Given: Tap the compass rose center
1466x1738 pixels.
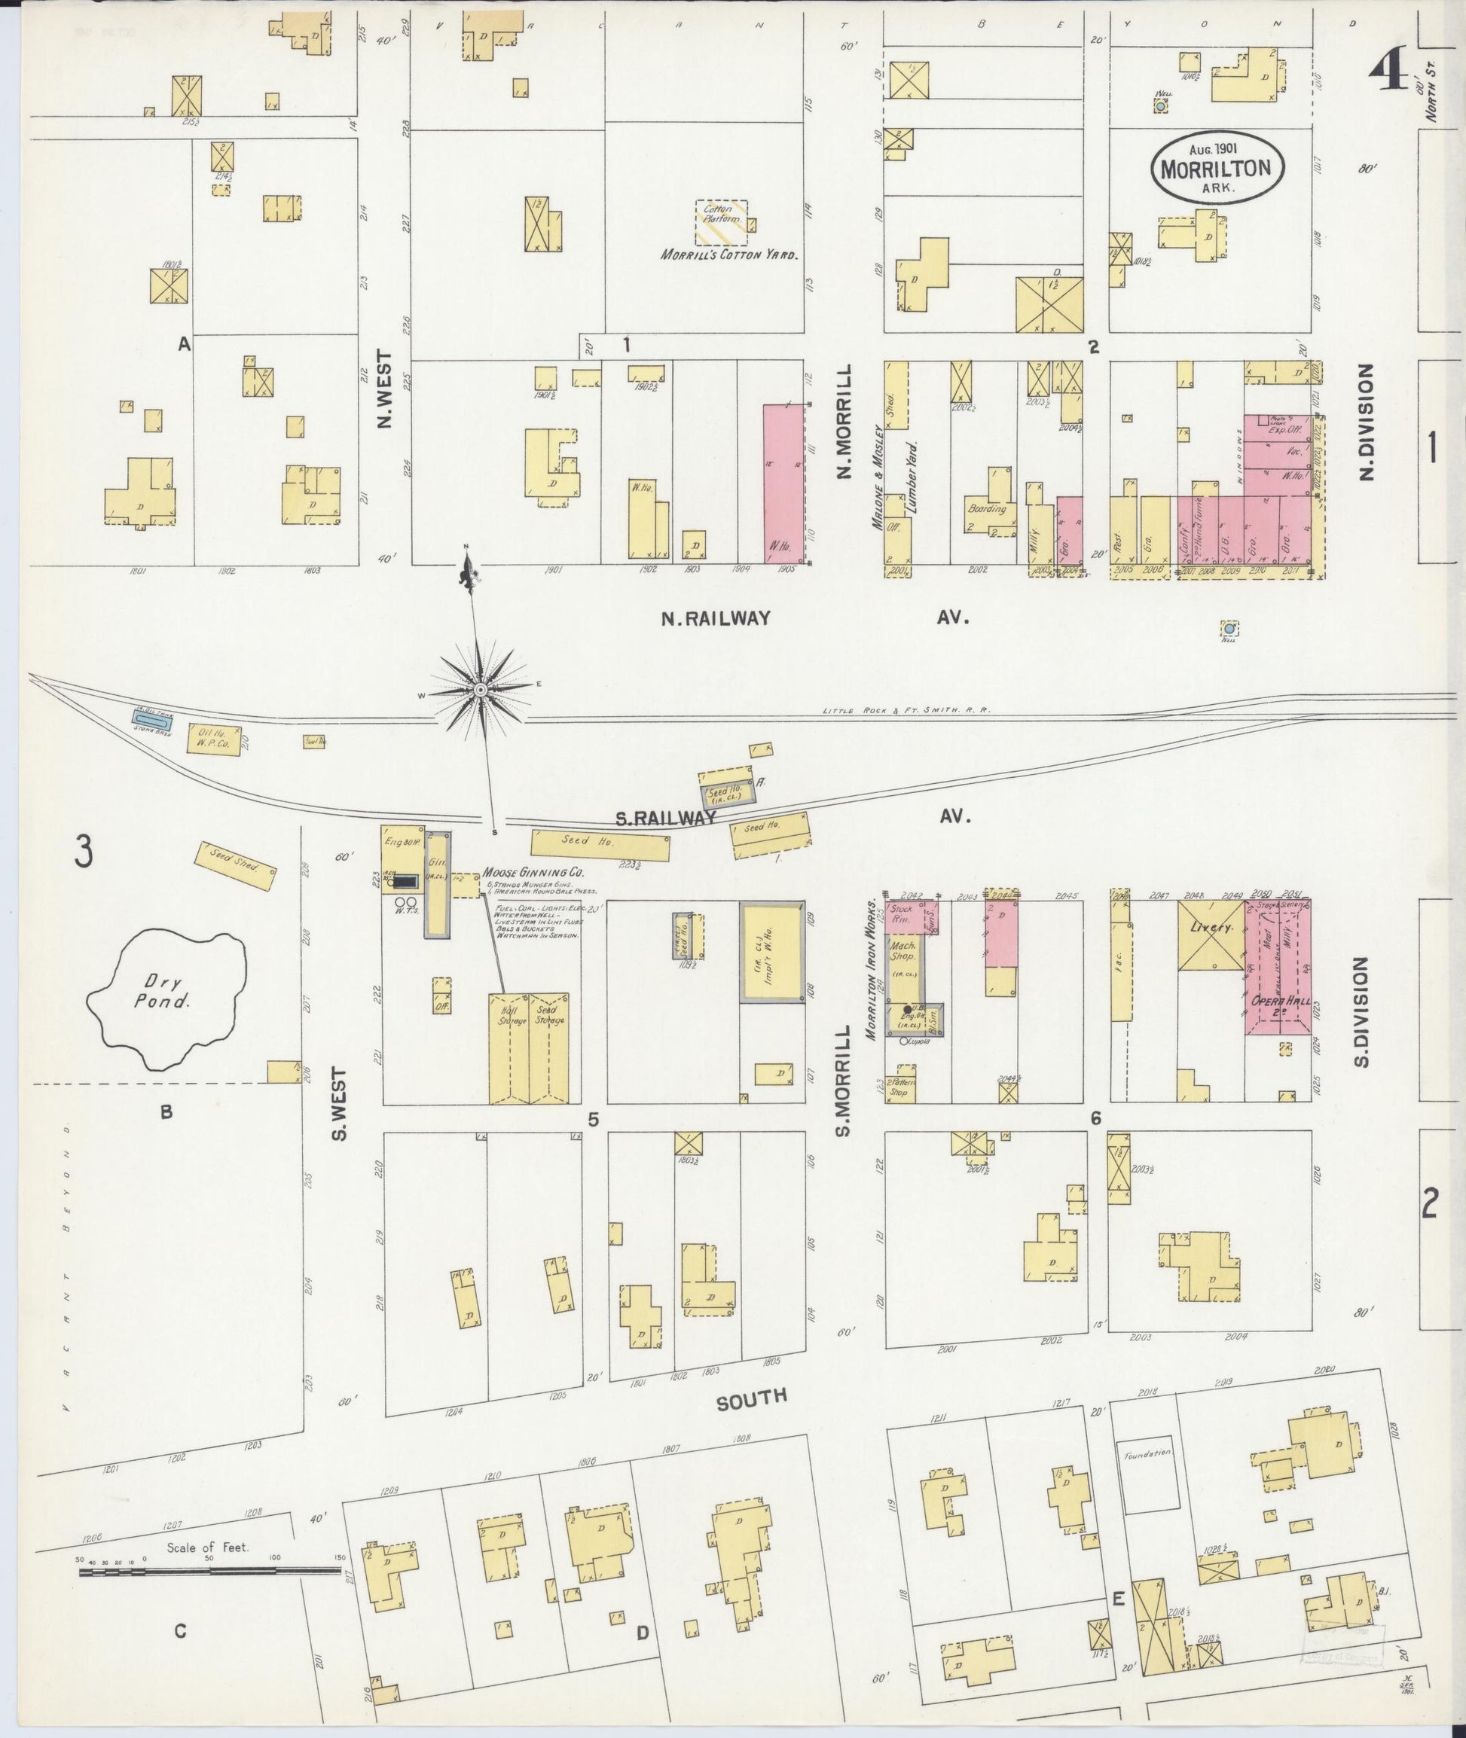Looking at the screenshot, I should (481, 691).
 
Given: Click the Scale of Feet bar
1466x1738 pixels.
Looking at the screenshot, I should (209, 1571).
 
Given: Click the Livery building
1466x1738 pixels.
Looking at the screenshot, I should (1210, 934).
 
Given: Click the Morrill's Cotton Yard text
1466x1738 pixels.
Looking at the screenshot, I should (728, 255).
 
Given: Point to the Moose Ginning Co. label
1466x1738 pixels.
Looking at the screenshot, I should (533, 874).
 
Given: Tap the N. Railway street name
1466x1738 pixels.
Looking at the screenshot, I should (716, 618).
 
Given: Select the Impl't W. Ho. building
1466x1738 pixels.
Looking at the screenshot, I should (772, 952).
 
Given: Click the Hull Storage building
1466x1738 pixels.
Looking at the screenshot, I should (507, 1047).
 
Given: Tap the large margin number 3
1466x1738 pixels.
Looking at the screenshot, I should (81, 851).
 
